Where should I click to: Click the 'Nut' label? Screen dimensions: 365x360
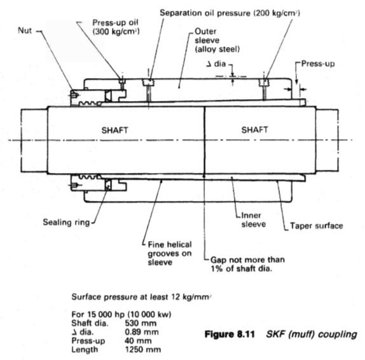tap(25, 31)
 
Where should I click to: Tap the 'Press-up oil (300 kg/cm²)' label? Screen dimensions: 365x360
tap(116, 27)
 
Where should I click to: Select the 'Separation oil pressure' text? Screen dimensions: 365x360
tap(205, 13)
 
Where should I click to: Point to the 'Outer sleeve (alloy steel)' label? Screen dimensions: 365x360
tap(217, 40)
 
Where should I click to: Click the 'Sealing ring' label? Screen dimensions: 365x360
tap(66, 223)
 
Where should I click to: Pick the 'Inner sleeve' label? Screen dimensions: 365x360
tap(253, 219)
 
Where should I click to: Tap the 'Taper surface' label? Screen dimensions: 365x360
tap(316, 226)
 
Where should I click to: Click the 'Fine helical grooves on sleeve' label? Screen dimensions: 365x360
tap(170, 253)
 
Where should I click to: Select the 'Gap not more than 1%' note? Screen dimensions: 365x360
tap(247, 264)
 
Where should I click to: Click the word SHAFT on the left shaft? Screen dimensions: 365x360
tap(114, 130)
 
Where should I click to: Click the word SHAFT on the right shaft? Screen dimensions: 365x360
tap(254, 130)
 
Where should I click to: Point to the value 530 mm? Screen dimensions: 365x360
tap(141, 323)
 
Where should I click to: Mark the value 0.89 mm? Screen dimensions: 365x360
tap(142, 332)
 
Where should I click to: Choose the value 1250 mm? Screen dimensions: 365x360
tap(142, 349)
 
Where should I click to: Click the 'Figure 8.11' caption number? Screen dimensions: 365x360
tap(230, 335)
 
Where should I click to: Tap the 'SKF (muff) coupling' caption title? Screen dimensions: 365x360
tap(312, 335)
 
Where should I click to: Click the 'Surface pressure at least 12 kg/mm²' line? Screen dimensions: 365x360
tap(141, 297)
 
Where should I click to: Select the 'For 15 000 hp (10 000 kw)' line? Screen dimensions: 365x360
tap(121, 314)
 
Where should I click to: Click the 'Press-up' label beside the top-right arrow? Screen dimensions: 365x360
tap(318, 64)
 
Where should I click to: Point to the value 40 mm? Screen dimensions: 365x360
tap(138, 341)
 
